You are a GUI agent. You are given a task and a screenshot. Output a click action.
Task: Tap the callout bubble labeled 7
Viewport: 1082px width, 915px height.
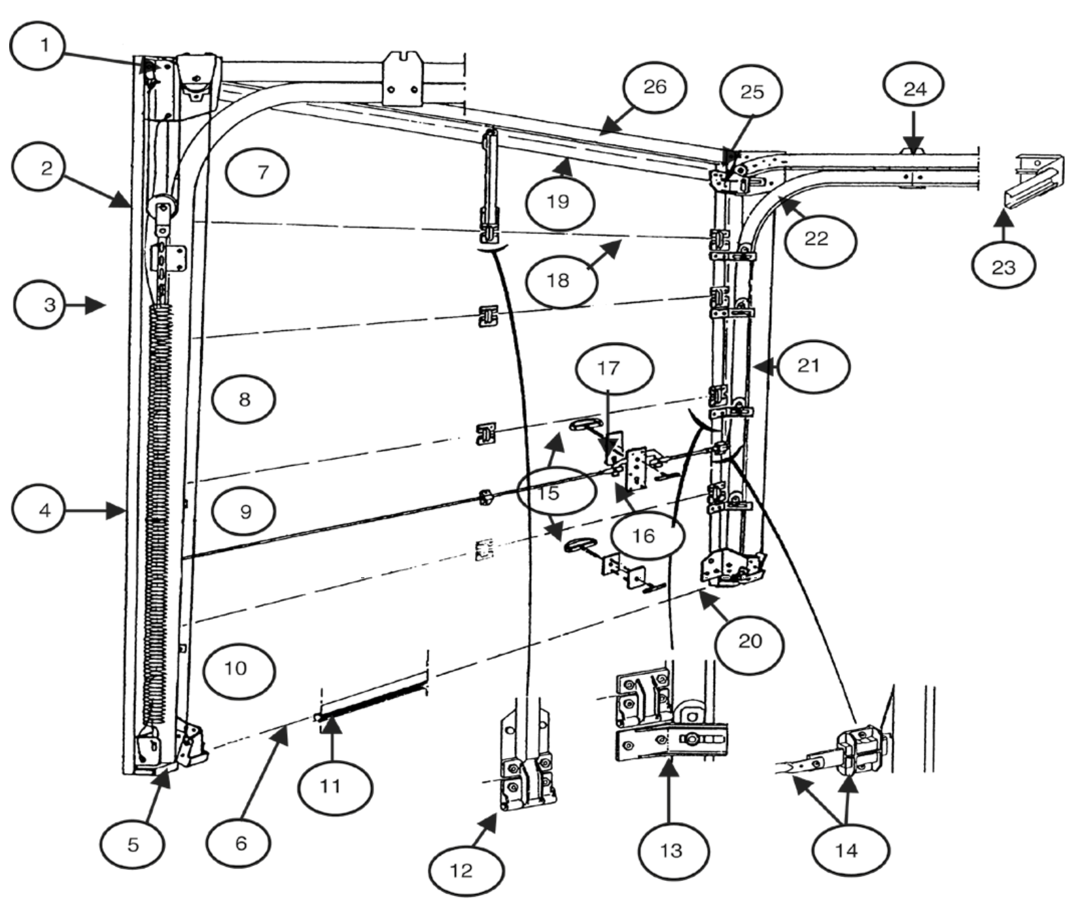(262, 172)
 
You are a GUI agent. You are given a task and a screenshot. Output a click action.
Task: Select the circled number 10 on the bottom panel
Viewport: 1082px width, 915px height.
(237, 668)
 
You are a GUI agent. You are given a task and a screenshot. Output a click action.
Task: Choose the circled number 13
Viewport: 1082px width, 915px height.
(672, 850)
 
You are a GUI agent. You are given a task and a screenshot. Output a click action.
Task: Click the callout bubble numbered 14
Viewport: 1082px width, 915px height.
(846, 850)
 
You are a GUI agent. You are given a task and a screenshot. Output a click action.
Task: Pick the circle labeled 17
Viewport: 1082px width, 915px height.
(608, 368)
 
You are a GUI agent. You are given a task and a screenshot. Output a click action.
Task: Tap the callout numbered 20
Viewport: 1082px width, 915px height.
(750, 641)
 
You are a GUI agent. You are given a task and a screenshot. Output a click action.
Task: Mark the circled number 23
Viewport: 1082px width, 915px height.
(1003, 267)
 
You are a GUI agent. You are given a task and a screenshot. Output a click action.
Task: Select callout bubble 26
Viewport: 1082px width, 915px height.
(654, 87)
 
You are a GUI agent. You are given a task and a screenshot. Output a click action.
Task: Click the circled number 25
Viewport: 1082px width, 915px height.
(752, 92)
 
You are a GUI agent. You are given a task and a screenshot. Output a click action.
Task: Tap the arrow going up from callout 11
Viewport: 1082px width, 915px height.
(332, 736)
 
